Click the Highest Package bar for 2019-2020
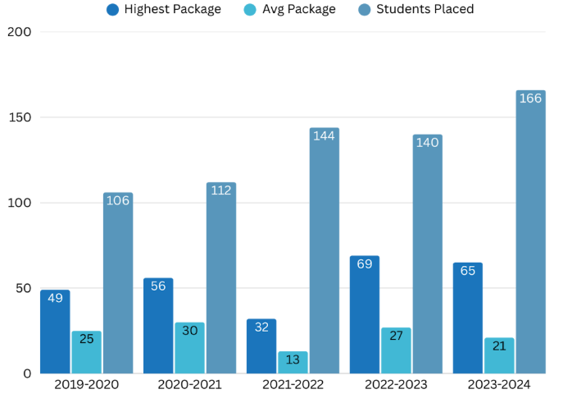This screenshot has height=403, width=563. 55,332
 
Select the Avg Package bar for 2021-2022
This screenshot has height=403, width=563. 293,362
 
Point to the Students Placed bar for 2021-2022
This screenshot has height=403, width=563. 324,250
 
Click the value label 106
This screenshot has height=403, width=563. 118,200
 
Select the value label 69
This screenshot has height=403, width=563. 365,264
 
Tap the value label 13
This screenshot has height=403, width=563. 293,359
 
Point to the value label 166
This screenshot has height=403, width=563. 530,98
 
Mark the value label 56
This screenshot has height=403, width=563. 158,286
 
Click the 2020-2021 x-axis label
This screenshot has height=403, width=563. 189,385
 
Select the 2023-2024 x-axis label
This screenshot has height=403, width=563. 499,385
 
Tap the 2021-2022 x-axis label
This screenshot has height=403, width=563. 293,385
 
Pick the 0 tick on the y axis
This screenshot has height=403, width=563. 27,373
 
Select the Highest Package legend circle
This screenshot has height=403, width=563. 112,10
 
